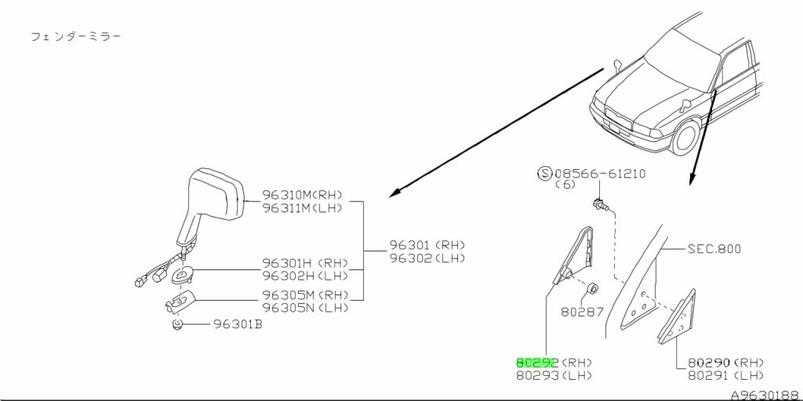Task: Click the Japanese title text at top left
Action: (x=76, y=37)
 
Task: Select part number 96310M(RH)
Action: (x=302, y=195)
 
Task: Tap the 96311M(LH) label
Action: (x=302, y=208)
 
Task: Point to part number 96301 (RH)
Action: (x=427, y=245)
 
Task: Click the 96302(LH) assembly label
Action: (x=427, y=258)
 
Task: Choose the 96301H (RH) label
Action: (x=305, y=263)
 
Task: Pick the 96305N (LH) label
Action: (x=305, y=308)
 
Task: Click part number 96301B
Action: (x=238, y=324)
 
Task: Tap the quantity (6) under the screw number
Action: (x=565, y=185)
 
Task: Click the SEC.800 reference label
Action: (x=714, y=249)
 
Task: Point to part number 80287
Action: (x=583, y=312)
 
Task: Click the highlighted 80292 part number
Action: (x=537, y=363)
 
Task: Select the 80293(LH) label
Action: (x=554, y=375)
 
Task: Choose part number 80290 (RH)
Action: (x=725, y=363)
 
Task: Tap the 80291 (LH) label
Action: (x=725, y=375)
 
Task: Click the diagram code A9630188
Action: (x=765, y=396)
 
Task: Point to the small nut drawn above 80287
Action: (x=593, y=289)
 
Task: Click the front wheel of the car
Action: (x=685, y=138)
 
